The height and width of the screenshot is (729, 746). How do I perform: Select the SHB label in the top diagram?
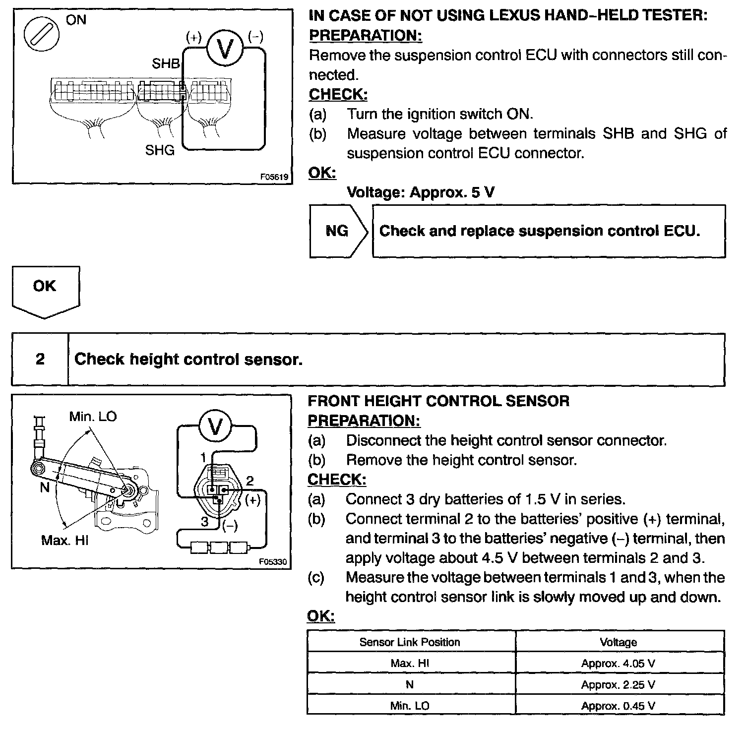[166, 64]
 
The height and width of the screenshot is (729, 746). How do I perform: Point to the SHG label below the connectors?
[160, 150]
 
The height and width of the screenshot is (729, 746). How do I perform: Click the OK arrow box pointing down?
[45, 291]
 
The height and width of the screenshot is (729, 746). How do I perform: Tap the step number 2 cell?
[40, 359]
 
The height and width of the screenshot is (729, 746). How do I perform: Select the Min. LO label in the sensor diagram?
[93, 417]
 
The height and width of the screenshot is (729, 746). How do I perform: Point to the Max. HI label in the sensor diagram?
[64, 540]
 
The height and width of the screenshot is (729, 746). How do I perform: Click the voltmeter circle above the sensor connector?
[215, 427]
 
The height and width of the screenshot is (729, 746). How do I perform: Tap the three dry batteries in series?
[219, 547]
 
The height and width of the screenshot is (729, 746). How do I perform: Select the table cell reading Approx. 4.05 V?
[618, 663]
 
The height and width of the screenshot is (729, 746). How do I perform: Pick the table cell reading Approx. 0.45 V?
[618, 706]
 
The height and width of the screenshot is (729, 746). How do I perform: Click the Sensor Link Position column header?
[410, 642]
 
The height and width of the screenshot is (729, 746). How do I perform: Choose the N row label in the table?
[410, 685]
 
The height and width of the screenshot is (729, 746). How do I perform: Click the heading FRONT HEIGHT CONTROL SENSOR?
[438, 401]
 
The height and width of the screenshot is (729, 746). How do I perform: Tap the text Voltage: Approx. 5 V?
[421, 192]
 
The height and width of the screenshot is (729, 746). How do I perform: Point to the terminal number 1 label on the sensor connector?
[203, 457]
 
